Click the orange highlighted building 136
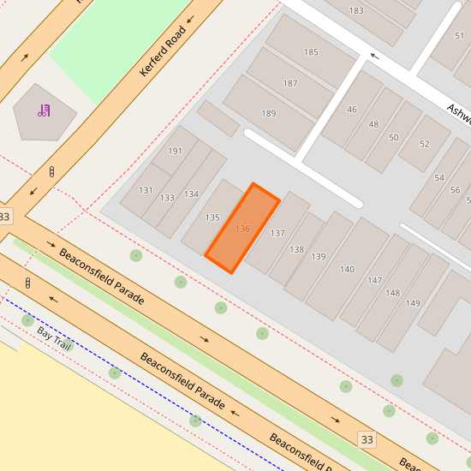click(x=242, y=229)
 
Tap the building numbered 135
click(x=213, y=218)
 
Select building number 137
click(x=277, y=233)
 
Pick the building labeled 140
click(x=347, y=270)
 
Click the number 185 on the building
click(x=311, y=52)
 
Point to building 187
click(x=290, y=83)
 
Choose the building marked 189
click(x=269, y=114)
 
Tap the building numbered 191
click(x=175, y=151)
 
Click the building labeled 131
click(x=146, y=190)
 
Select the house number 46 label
click(x=351, y=110)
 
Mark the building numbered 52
click(x=425, y=144)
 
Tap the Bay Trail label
click(x=54, y=337)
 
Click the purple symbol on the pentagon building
click(x=43, y=110)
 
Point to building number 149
click(x=413, y=303)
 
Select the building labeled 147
click(x=374, y=281)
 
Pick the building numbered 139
click(x=319, y=257)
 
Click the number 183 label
click(x=356, y=10)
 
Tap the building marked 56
click(x=454, y=189)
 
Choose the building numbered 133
click(x=167, y=198)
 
